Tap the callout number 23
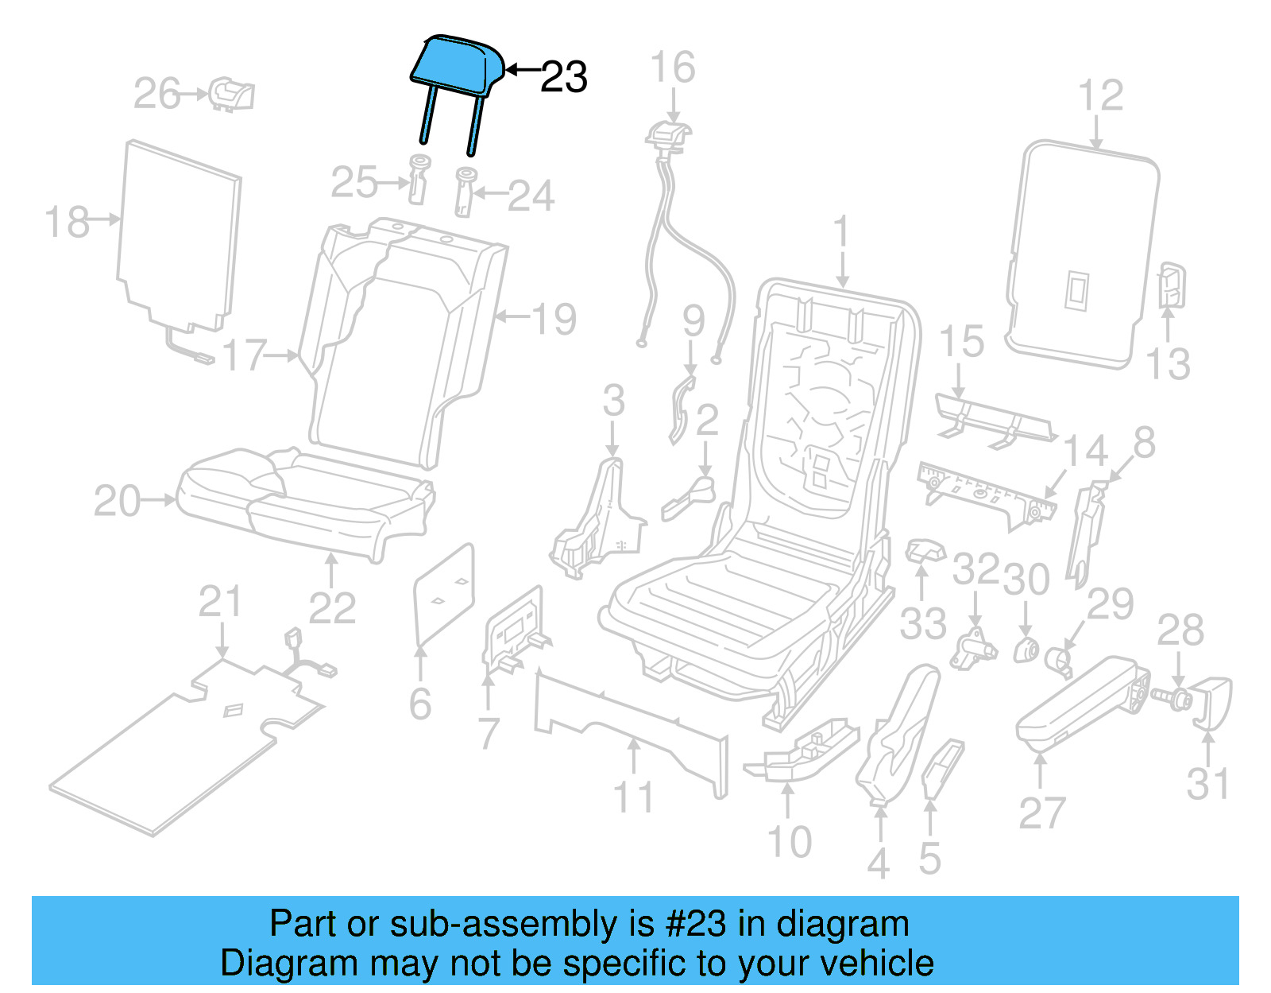coord(564,78)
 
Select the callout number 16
coord(673,68)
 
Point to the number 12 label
coord(1101,95)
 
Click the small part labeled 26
coord(232,95)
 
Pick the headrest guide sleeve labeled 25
coord(418,180)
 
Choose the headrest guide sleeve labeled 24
coord(465,191)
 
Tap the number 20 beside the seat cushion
coord(117,502)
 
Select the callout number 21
coord(219,602)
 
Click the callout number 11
coord(633,797)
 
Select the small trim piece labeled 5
coord(943,766)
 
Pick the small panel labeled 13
coord(1172,285)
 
